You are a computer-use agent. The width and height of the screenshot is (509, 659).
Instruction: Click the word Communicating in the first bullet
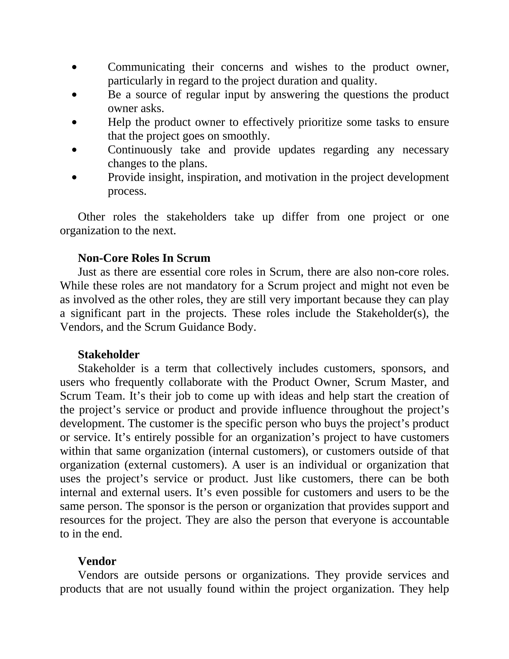(146, 67)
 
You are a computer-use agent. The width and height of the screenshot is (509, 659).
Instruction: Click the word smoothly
(246, 136)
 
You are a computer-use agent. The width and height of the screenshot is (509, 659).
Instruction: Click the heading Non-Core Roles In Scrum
(144, 258)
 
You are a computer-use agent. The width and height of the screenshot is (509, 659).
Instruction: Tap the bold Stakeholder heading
(109, 355)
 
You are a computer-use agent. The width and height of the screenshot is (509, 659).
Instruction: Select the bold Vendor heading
(97, 561)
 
